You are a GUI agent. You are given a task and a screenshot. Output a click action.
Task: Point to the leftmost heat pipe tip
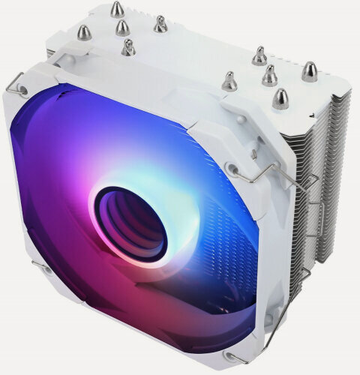point(85,32)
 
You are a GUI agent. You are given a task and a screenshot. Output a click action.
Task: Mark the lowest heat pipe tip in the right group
point(281,97)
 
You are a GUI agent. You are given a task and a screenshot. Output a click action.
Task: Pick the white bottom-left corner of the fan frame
point(45,307)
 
